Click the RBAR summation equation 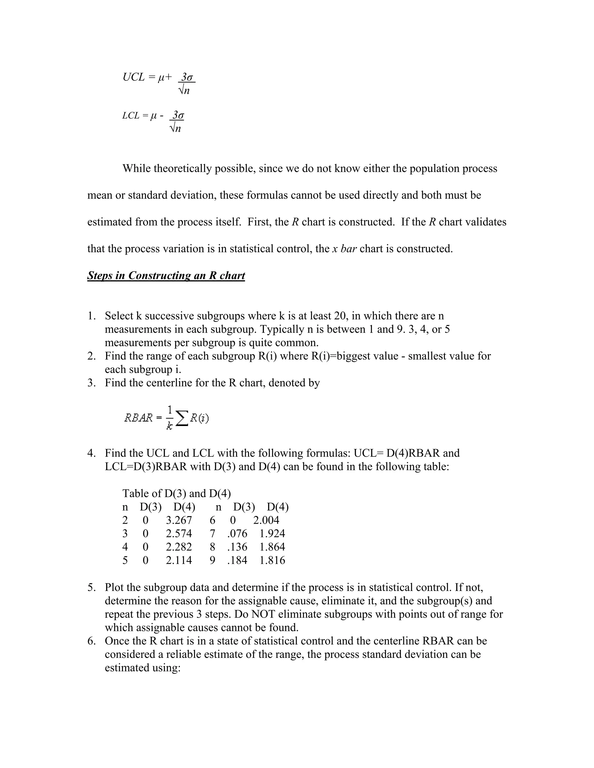pyautogui.click(x=166, y=417)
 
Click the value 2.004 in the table pyautogui.click(x=266, y=520)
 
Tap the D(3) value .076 pyautogui.click(x=237, y=534)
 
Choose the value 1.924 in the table pyautogui.click(x=272, y=534)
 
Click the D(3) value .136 pyautogui.click(x=237, y=547)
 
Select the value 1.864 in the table pyautogui.click(x=272, y=547)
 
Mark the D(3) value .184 pyautogui.click(x=237, y=560)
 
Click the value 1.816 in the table pyautogui.click(x=272, y=560)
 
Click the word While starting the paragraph pyautogui.click(x=137, y=168)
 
